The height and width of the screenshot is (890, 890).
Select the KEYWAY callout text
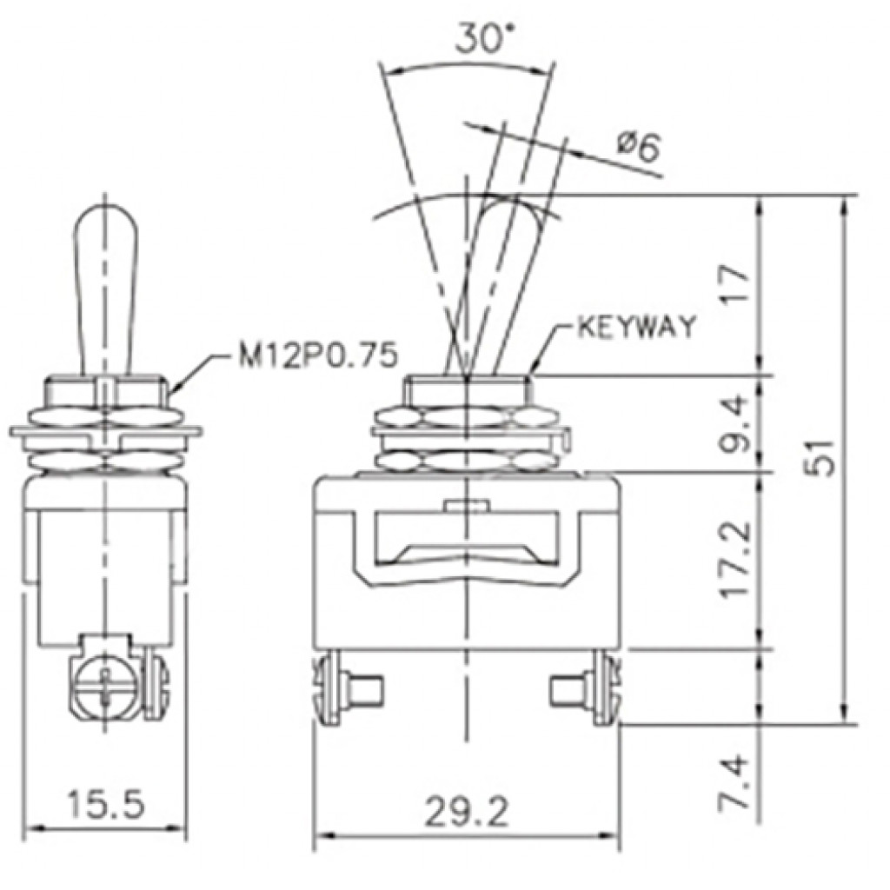tap(636, 327)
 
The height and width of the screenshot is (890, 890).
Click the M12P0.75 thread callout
tap(316, 355)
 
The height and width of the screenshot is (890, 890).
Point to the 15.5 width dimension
tap(106, 803)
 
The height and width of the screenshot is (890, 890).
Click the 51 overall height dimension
tap(820, 457)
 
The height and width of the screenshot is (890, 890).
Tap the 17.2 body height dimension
tap(737, 559)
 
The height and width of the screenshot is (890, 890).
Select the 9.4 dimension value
tap(737, 423)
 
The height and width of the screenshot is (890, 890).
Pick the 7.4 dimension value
tap(737, 781)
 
